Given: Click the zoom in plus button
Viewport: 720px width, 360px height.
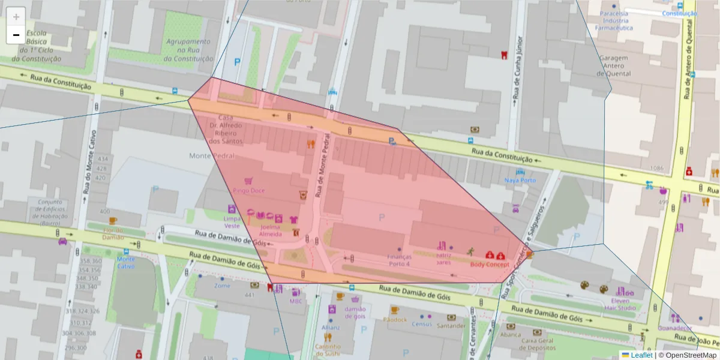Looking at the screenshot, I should click(x=16, y=17).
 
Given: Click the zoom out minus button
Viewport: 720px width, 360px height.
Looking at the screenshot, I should click(x=16, y=35).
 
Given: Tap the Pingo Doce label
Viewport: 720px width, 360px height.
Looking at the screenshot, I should click(x=249, y=191).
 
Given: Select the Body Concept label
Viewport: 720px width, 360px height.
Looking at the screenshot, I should click(x=490, y=264).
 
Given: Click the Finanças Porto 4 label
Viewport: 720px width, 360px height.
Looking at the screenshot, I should click(x=399, y=260).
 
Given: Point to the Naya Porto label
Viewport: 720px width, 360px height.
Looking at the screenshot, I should click(x=520, y=180).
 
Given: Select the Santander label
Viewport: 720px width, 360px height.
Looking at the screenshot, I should click(x=451, y=326).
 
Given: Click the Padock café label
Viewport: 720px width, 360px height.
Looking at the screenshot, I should click(x=395, y=320).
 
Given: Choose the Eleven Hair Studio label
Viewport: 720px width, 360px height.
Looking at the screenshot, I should click(x=620, y=304).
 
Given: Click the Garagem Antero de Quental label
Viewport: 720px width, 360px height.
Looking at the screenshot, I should click(x=614, y=66).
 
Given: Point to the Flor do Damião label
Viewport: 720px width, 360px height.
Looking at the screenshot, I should click(x=113, y=233).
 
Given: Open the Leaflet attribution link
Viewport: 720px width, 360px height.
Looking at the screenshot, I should click(x=641, y=355).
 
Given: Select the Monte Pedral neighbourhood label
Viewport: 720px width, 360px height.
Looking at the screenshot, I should click(x=209, y=156).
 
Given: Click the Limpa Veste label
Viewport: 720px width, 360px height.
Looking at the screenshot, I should click(x=232, y=222).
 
